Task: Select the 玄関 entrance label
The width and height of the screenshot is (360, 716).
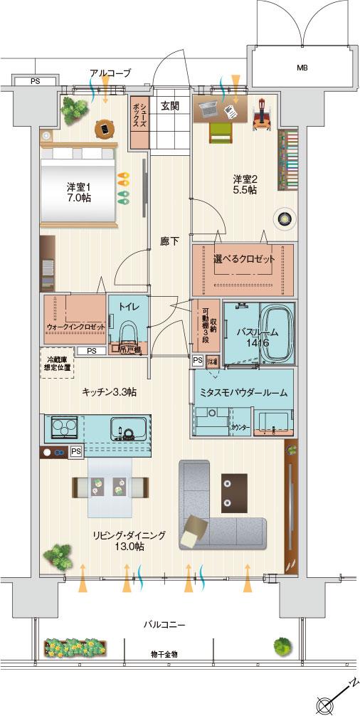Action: (x=169, y=106)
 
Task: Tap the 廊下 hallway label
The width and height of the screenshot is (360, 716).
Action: (x=169, y=241)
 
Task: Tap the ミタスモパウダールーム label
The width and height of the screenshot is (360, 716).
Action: (x=243, y=392)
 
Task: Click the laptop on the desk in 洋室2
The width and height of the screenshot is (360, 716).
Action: (x=209, y=109)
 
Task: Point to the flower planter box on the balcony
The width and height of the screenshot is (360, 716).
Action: (x=75, y=646)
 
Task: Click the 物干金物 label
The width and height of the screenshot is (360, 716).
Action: (x=164, y=654)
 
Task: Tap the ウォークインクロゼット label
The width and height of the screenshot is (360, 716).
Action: (x=75, y=326)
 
